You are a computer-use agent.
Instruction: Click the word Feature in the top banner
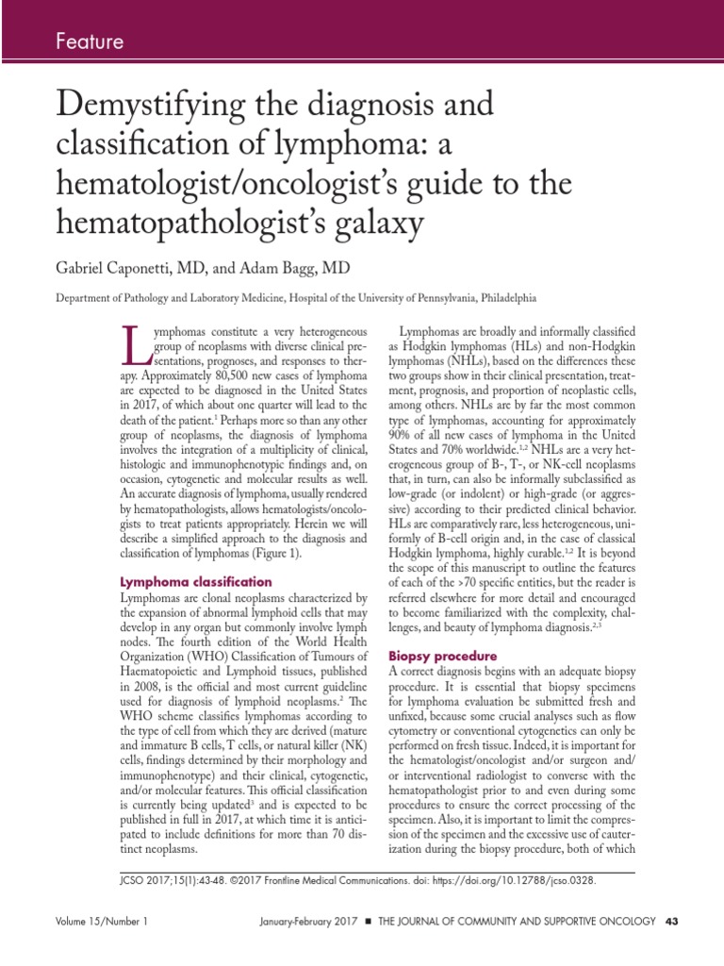point(90,41)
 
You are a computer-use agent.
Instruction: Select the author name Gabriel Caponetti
point(123,269)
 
